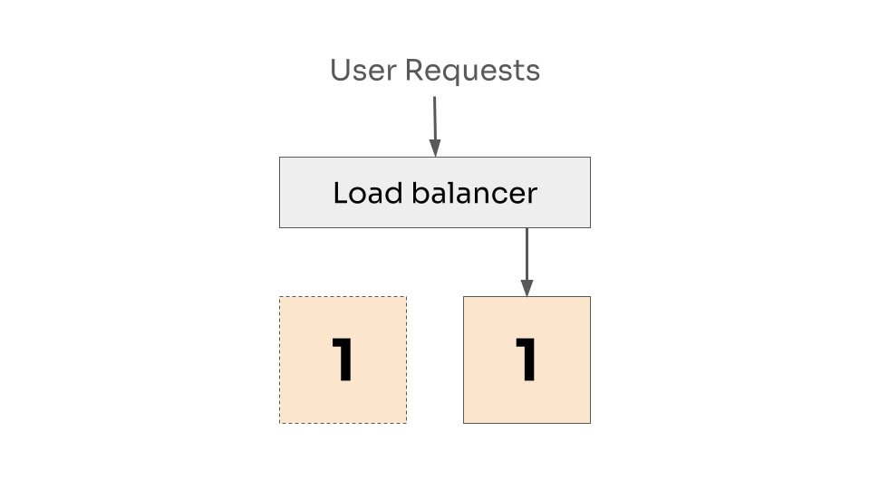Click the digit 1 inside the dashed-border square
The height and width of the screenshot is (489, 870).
[343, 360]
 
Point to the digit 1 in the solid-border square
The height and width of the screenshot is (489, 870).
[527, 360]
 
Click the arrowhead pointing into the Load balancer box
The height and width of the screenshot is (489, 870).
[435, 149]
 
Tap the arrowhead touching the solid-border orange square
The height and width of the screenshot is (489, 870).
[527, 288]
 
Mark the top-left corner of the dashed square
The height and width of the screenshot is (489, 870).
[280, 297]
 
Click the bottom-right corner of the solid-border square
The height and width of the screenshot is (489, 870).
[590, 423]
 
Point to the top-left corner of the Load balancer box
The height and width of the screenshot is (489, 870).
[280, 158]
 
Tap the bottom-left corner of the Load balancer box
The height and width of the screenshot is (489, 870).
[280, 226]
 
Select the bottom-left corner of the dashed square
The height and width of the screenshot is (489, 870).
[280, 423]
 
